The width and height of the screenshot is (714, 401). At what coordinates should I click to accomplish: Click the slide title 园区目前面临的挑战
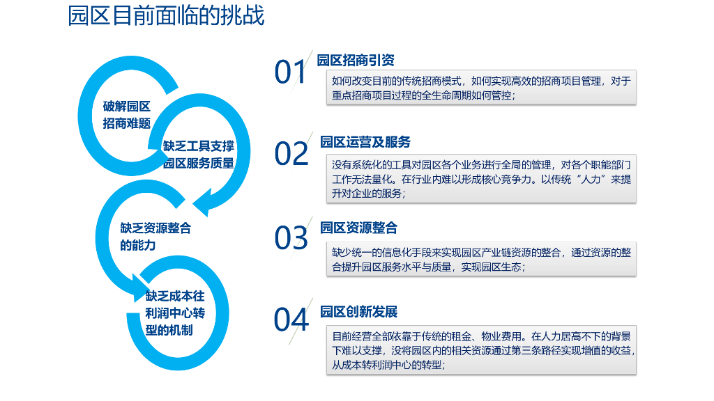point(166,16)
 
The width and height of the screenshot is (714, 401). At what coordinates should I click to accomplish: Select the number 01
point(290,72)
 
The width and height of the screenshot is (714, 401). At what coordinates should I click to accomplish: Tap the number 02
point(291,154)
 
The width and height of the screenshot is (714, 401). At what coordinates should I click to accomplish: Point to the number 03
point(291,237)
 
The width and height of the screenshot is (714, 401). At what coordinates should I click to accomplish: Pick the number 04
point(291,320)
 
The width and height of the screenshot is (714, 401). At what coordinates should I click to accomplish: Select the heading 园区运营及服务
point(365,142)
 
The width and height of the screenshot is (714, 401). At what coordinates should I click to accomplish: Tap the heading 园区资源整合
point(358,227)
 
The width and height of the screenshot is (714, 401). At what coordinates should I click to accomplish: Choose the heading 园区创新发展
point(358,311)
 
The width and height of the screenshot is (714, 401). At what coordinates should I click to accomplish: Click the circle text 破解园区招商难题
point(127,115)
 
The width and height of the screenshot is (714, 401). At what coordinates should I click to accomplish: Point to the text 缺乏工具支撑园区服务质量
point(199,155)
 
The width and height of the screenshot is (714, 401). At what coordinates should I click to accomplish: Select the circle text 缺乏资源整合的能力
point(155,237)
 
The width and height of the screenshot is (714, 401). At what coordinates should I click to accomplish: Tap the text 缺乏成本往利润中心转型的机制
point(175,313)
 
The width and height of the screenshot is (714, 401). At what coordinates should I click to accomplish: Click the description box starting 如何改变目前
point(481,88)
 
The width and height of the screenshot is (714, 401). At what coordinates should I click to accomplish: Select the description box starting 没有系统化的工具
point(481,180)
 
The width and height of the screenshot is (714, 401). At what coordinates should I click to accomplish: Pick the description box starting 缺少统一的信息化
point(481,259)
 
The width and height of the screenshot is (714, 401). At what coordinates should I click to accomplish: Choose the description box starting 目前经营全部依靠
point(481,350)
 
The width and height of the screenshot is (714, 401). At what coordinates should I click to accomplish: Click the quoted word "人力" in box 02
point(581,180)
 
